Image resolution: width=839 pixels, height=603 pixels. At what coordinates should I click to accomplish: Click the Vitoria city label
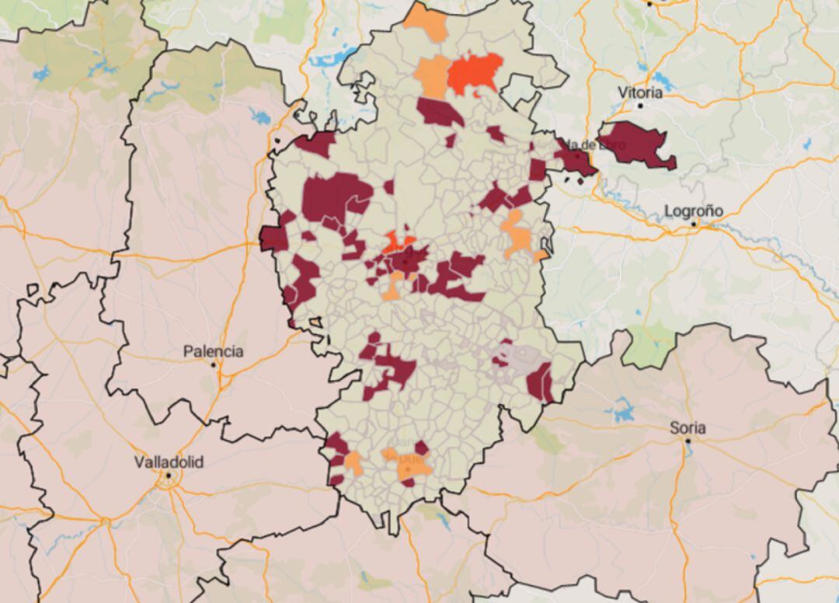(640, 92)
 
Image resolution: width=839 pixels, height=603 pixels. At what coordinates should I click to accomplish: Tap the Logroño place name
(694, 211)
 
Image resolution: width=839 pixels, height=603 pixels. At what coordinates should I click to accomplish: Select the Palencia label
(213, 351)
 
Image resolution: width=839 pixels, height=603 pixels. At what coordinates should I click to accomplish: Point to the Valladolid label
(169, 462)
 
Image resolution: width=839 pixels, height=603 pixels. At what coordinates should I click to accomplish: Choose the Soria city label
(688, 427)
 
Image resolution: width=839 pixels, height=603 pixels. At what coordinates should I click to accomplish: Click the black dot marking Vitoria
(641, 105)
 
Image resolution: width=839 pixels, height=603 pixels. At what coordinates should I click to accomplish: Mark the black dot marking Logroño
(695, 224)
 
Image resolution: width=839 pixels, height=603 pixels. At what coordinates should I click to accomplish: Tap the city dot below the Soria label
(688, 441)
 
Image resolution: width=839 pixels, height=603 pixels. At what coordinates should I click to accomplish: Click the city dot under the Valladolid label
(169, 475)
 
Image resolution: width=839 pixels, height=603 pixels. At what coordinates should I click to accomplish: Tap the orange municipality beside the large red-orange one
(433, 76)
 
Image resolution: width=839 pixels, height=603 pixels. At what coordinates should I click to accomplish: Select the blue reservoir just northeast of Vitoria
(663, 80)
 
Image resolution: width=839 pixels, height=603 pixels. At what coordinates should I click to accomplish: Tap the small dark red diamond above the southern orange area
(421, 448)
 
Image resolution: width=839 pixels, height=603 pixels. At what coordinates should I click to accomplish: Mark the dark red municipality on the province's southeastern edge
(539, 382)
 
